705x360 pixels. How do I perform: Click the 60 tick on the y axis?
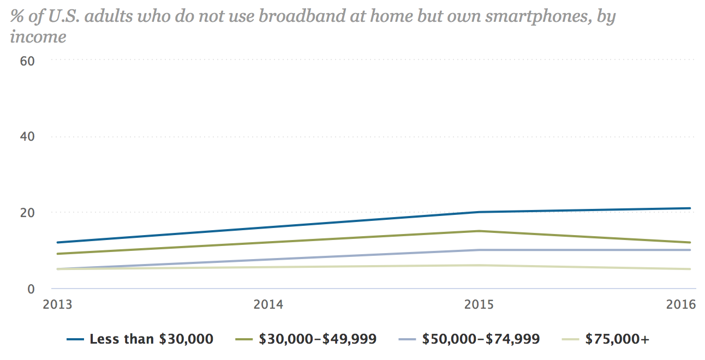27,61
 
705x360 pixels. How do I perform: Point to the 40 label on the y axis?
27,136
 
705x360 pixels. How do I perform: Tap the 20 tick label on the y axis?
27,212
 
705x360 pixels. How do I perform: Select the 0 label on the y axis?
31,288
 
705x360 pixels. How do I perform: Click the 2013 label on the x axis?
57,304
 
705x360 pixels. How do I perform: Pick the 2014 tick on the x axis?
268,304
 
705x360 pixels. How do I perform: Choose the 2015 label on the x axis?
479,304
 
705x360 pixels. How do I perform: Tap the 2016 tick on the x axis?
682,304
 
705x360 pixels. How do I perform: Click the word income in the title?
38,37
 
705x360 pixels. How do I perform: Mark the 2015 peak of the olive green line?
479,231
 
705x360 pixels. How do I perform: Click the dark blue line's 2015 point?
479,212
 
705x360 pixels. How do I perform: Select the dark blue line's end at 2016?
690,208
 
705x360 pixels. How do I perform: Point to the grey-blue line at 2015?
479,250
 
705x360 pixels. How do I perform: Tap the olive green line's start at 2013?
57,254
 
